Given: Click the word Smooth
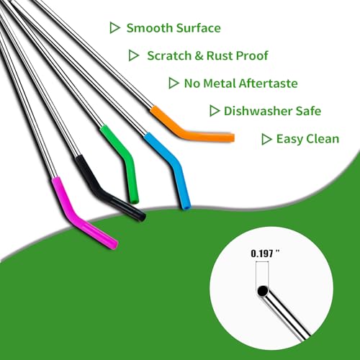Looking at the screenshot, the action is [148, 28].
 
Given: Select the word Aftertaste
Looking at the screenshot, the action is [269, 84].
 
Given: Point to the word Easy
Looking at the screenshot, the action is [289, 139].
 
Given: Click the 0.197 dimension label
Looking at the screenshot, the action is [266, 253].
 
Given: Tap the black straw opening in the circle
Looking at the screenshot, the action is [263, 291].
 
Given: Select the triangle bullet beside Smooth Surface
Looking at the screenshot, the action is [114, 27].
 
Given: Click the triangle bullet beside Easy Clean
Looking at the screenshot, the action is [266, 139].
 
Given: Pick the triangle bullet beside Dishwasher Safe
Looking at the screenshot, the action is [215, 111].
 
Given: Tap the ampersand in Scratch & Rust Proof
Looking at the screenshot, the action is [199, 56].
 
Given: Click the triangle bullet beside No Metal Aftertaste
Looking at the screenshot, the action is [174, 84].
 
